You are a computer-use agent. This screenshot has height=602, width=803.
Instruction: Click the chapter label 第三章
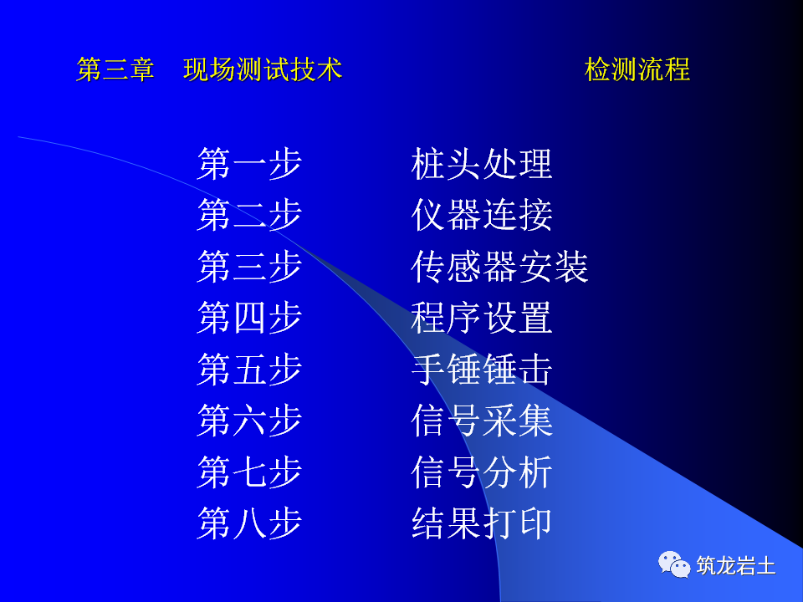coord(115,69)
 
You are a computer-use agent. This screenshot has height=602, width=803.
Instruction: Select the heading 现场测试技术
coord(263,69)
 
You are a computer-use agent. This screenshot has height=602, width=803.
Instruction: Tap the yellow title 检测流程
coord(637,69)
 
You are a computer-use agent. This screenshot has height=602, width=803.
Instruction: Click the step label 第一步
coord(249,164)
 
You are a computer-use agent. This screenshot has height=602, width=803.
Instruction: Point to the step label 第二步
coord(249,216)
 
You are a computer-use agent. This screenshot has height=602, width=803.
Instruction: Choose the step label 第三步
coord(249,267)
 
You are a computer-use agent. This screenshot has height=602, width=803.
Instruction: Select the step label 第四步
coord(249,319)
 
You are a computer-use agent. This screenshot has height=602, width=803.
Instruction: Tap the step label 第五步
coord(249,370)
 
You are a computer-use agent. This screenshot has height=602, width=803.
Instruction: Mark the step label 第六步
coord(249,421)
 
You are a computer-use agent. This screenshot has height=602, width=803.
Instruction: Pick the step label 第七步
coord(249,472)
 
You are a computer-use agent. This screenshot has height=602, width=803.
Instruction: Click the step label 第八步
coord(249,524)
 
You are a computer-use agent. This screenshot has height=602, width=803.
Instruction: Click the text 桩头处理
coord(482,164)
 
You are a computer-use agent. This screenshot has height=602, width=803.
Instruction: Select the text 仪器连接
coord(482,216)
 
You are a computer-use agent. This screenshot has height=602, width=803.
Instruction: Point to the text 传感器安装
coord(499,267)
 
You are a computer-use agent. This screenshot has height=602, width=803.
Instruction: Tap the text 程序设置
coord(482,319)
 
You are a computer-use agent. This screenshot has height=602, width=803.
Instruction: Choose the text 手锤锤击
coord(482,370)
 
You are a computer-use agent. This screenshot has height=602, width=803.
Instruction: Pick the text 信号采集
coord(482,421)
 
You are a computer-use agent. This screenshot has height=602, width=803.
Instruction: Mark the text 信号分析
coord(482,472)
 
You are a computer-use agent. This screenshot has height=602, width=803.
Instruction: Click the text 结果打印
coord(482,524)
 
